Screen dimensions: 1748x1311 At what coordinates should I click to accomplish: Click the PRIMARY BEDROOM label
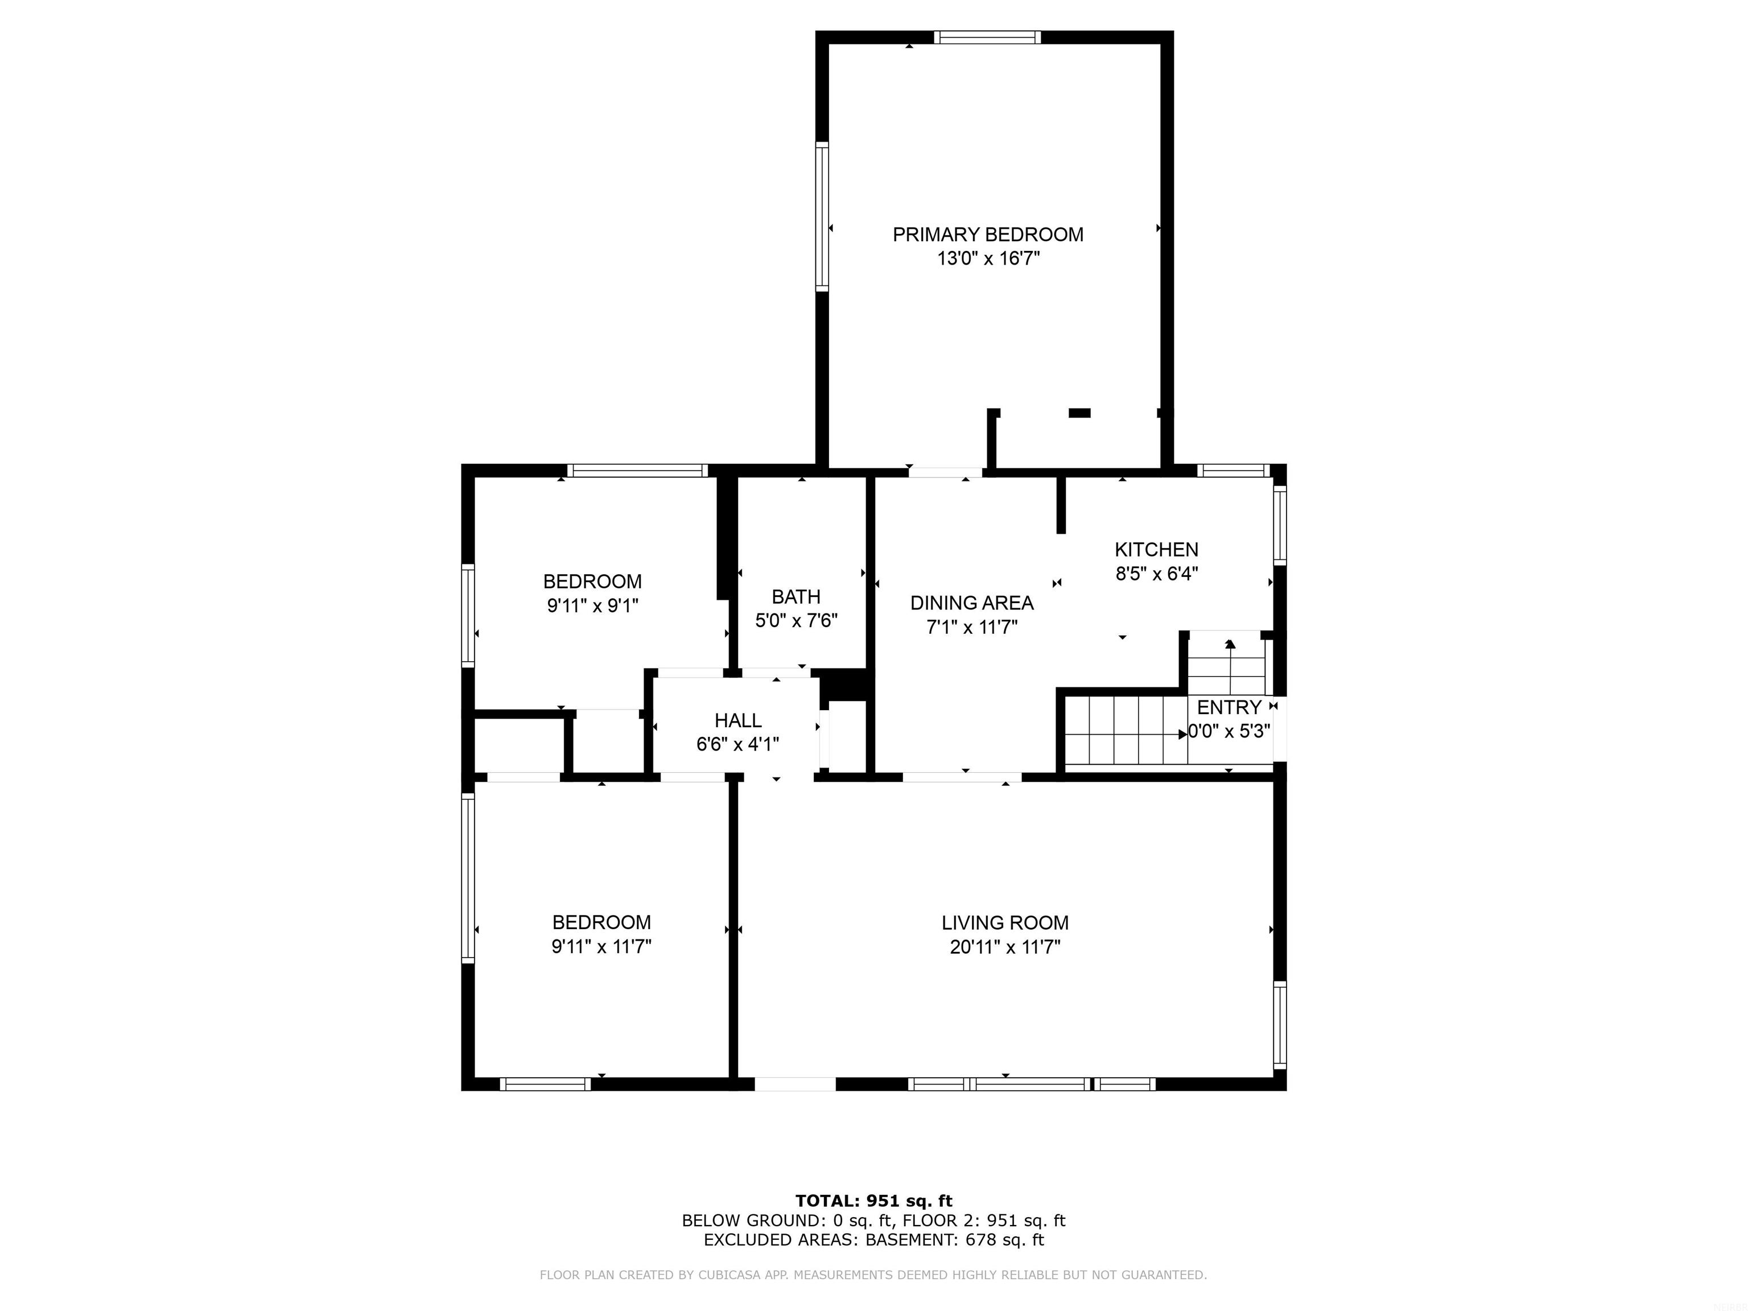point(988,234)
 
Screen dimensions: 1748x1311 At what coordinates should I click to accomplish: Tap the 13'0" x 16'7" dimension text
point(988,258)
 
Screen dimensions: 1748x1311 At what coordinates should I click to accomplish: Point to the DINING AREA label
point(972,603)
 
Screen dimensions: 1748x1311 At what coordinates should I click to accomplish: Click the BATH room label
point(796,597)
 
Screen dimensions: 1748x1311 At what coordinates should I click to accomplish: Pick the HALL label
point(738,721)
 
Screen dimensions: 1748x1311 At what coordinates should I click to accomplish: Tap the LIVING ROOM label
point(1005,923)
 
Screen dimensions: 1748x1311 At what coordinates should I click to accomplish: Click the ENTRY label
point(1229,707)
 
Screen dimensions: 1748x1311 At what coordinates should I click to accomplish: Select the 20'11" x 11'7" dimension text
point(1005,947)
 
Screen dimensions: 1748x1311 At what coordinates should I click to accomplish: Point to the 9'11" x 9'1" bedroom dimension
point(593,606)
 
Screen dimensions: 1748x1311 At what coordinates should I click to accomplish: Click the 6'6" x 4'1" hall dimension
point(738,744)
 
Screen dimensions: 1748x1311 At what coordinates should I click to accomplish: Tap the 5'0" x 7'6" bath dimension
point(796,620)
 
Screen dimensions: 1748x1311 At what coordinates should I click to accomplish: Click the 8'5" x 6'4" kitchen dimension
point(1157,574)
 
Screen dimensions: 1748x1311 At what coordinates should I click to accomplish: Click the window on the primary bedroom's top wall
point(987,37)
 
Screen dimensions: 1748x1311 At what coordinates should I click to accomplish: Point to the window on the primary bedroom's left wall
point(822,217)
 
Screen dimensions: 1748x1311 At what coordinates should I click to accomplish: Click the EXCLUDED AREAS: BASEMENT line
point(874,1240)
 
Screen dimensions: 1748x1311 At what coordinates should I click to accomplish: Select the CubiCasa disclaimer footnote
point(873,1275)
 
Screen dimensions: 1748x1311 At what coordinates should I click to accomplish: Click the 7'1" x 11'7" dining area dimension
point(972,628)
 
